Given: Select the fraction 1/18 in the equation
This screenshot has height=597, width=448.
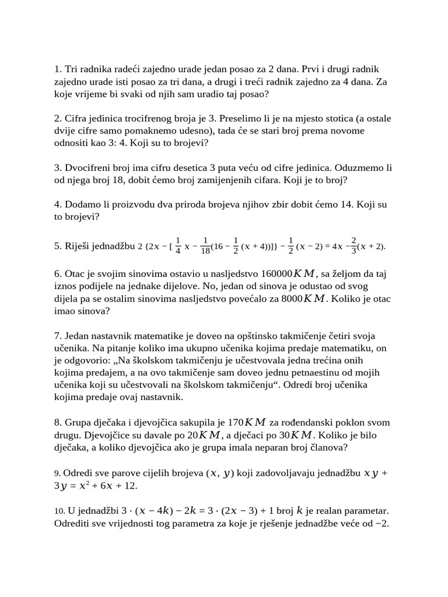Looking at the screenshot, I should (x=205, y=246).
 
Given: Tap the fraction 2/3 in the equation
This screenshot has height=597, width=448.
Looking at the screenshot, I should (x=353, y=246).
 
